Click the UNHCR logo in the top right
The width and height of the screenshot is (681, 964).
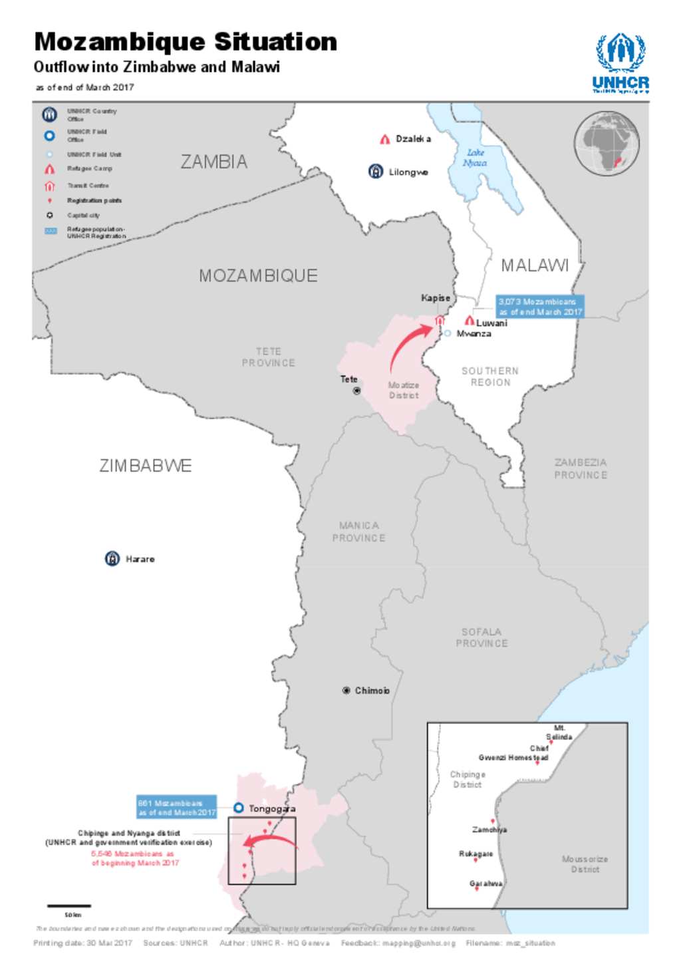click(x=620, y=63)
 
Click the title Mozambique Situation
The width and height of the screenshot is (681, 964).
click(x=186, y=42)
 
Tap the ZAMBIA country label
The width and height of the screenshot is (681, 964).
click(x=213, y=162)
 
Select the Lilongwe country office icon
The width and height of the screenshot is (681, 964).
click(x=376, y=172)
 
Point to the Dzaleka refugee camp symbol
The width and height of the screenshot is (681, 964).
click(x=384, y=139)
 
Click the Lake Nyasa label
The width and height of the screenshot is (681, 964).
click(x=475, y=158)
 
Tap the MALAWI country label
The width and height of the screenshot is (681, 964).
click(x=535, y=265)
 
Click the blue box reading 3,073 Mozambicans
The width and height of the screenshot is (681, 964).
click(x=540, y=307)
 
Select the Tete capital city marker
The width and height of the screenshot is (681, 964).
click(x=356, y=391)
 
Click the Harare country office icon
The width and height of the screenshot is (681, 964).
click(x=112, y=559)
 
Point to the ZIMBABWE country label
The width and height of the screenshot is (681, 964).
click(x=146, y=466)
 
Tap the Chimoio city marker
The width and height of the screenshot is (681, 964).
click(x=346, y=691)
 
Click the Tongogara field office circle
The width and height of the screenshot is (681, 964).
click(x=238, y=808)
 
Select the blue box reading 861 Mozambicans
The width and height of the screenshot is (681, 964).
click(x=176, y=808)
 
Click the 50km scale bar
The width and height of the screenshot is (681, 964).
click(x=68, y=905)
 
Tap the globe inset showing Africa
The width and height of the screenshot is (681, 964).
click(x=607, y=143)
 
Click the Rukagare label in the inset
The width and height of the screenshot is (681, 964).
click(x=476, y=854)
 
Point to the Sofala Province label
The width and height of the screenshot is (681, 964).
click(x=481, y=637)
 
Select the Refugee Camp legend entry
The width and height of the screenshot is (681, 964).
click(x=89, y=169)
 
